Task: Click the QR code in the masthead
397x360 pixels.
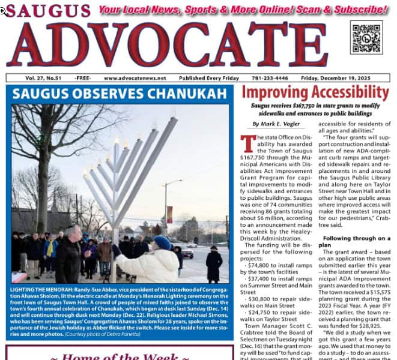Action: tap(366, 37)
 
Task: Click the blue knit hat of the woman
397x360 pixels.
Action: tap(162, 242)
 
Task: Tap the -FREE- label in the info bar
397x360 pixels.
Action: tap(83, 78)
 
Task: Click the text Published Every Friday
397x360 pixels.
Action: tap(208, 78)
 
